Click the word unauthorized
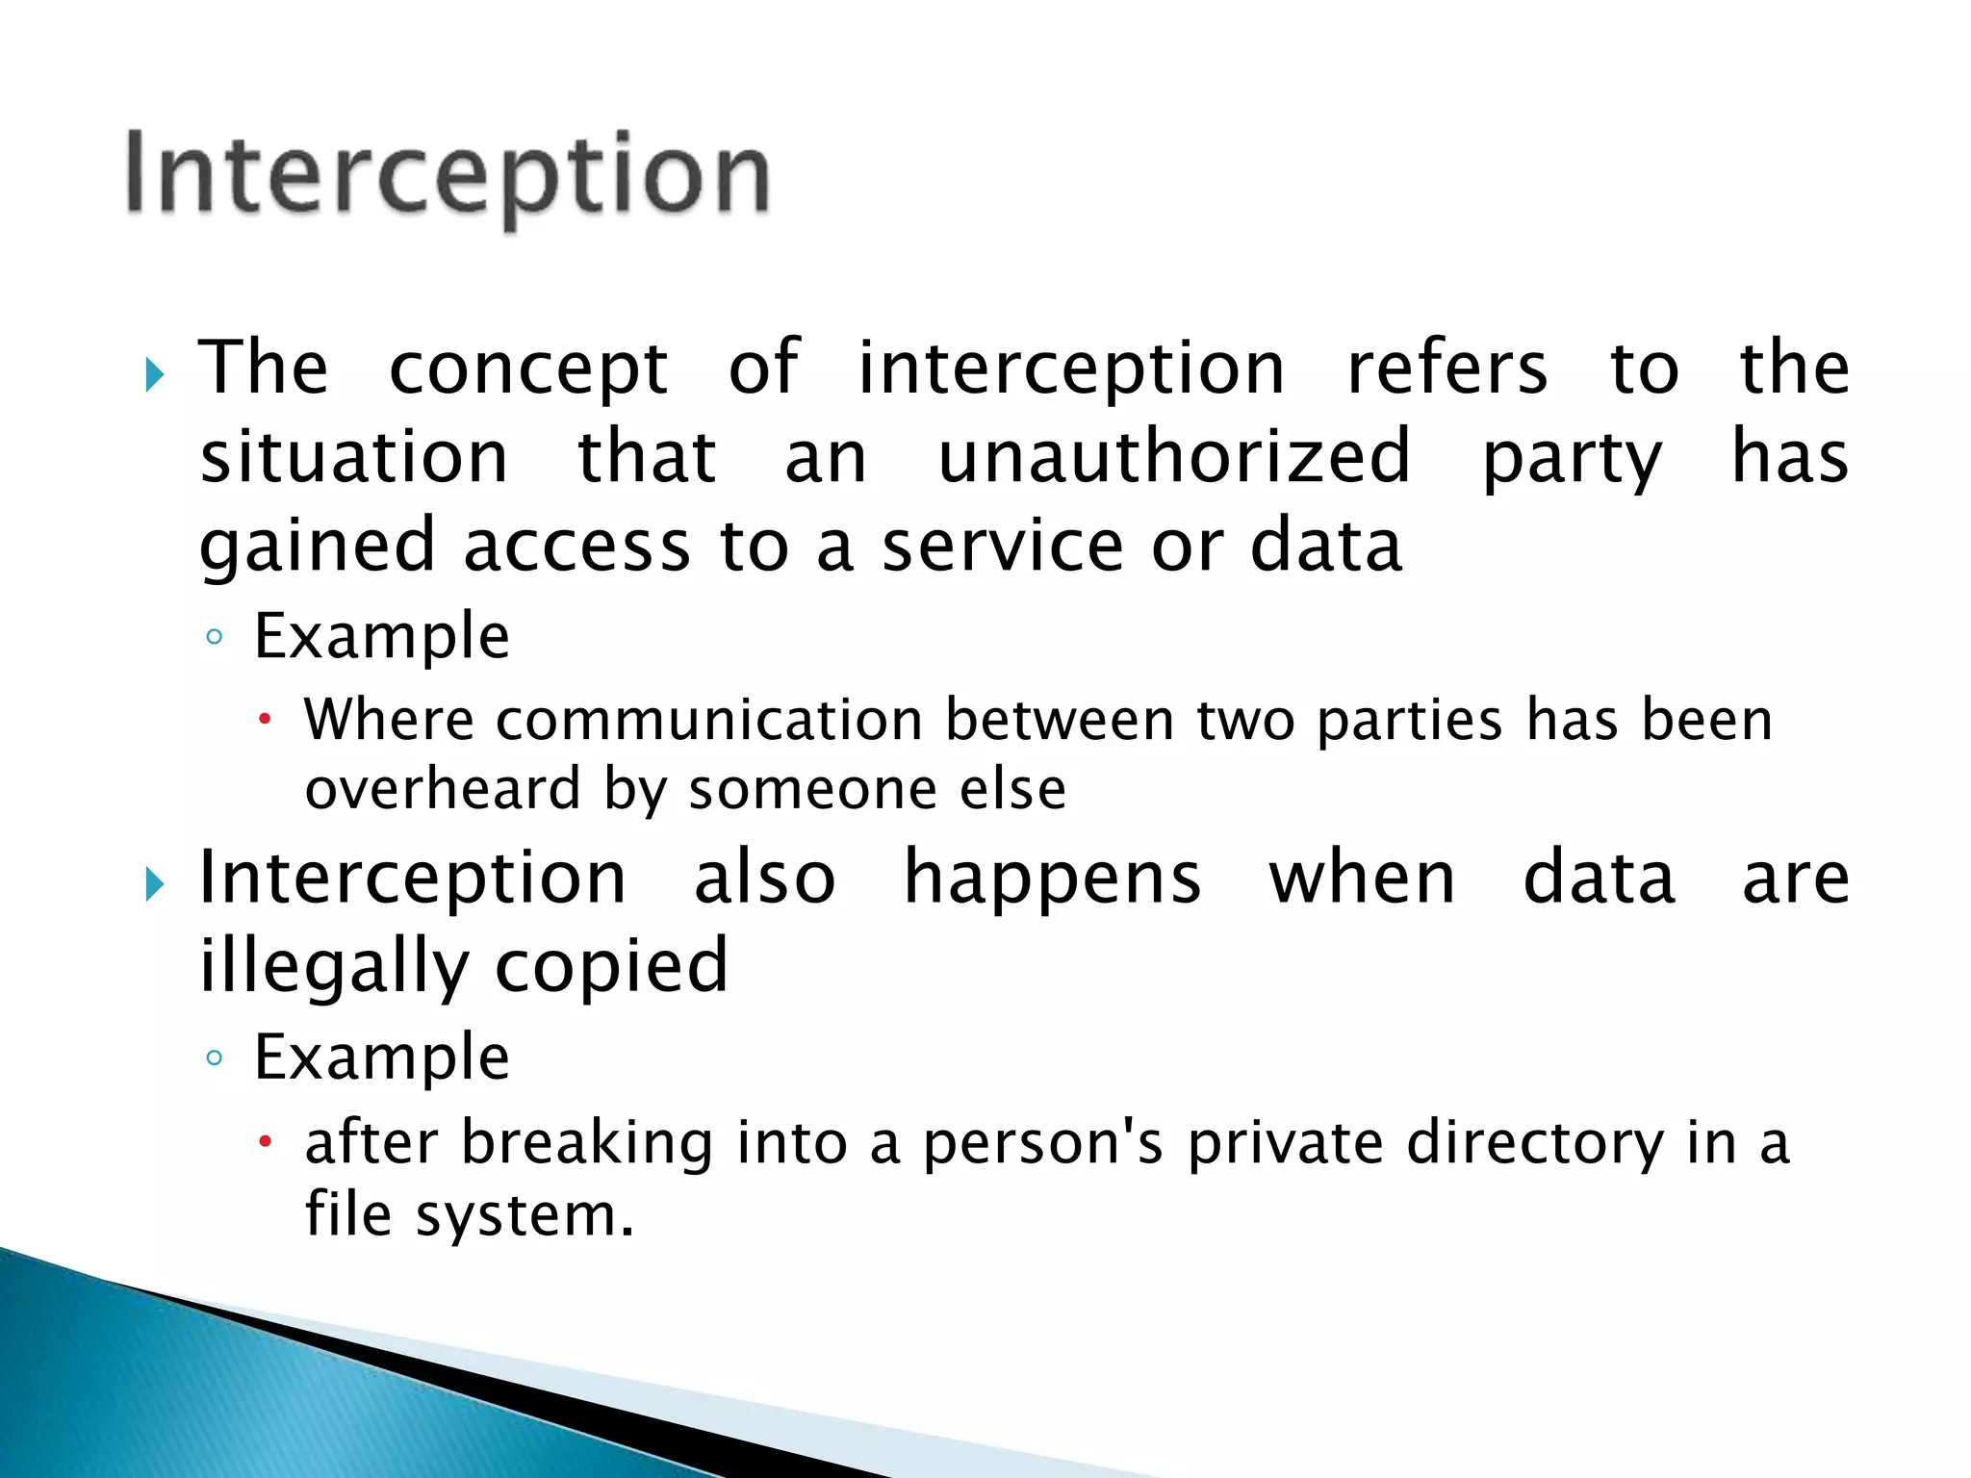[x=1174, y=456]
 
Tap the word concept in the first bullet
[x=528, y=369]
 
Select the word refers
[x=1446, y=369]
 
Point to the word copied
[x=611, y=967]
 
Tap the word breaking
[x=587, y=1143]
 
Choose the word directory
[x=1534, y=1145]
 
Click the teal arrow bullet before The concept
[x=155, y=374]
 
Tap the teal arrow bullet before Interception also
[x=155, y=883]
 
